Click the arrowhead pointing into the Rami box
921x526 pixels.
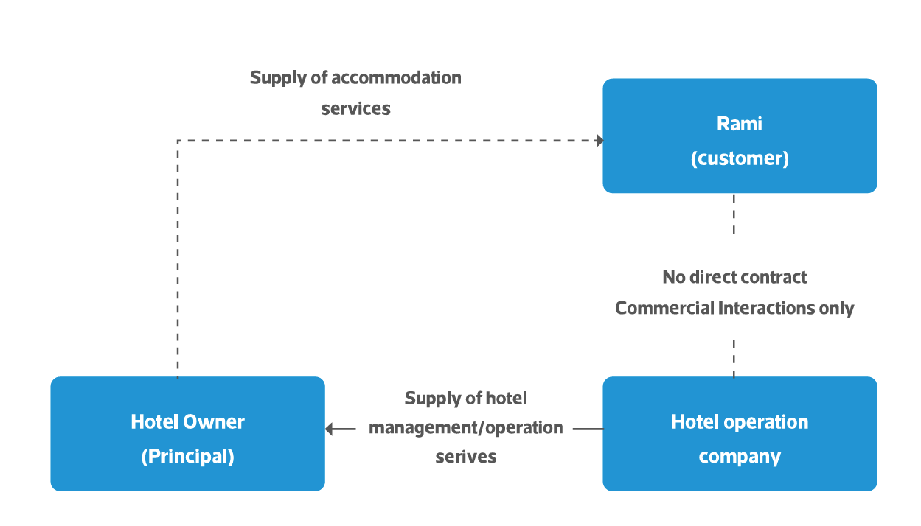point(599,140)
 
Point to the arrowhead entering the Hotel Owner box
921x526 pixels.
point(330,429)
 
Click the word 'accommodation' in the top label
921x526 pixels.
point(396,77)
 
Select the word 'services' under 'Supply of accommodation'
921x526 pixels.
point(355,108)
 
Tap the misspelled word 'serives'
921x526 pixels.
point(465,457)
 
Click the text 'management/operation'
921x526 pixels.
point(465,427)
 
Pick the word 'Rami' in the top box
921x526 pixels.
point(740,124)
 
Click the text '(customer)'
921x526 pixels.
point(740,158)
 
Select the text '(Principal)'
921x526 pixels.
point(187,457)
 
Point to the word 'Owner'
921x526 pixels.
point(214,422)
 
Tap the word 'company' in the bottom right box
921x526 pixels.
point(740,457)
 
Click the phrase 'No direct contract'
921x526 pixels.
point(734,277)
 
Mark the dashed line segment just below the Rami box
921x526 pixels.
point(734,214)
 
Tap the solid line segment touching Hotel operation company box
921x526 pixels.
point(588,429)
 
